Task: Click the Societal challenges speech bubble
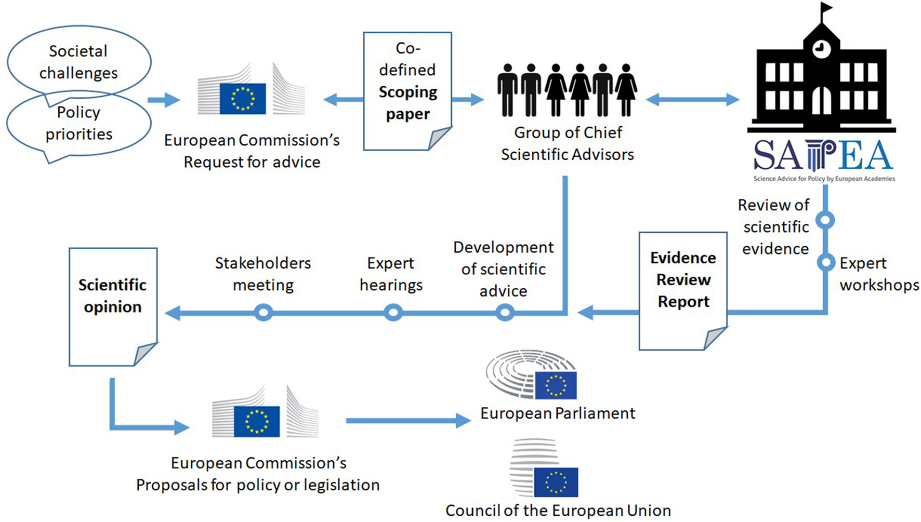click(x=78, y=62)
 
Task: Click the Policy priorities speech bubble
click(x=78, y=124)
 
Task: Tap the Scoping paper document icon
click(x=407, y=91)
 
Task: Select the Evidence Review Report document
click(x=683, y=291)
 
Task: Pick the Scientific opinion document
click(x=113, y=306)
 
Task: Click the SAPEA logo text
click(x=823, y=156)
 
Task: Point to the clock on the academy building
click(x=821, y=49)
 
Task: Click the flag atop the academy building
click(x=826, y=9)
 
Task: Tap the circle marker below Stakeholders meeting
click(x=264, y=313)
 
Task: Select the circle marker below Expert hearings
click(x=393, y=313)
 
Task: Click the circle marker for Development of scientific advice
click(x=505, y=313)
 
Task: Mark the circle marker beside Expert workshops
click(x=825, y=262)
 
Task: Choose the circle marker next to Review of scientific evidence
click(x=825, y=220)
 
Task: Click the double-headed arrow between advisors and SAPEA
click(x=692, y=99)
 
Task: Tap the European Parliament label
click(x=557, y=413)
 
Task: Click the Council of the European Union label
click(x=558, y=511)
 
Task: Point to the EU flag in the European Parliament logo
click(x=555, y=385)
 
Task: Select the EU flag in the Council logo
click(x=556, y=482)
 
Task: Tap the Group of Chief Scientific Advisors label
click(x=568, y=143)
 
